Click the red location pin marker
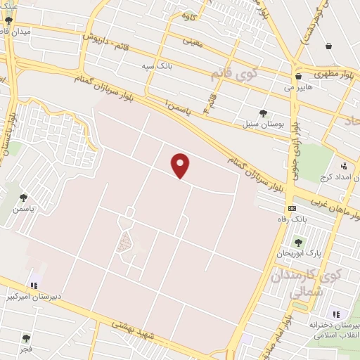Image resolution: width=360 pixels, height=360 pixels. [181, 165]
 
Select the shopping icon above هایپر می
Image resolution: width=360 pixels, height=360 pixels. [298, 76]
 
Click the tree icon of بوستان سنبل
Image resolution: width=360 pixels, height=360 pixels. [263, 112]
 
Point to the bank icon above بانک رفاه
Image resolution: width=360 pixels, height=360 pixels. [292, 208]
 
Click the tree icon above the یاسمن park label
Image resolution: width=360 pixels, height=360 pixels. [24, 198]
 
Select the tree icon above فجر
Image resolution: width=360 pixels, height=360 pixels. [26, 338]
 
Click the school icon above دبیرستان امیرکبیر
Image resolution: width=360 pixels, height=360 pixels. [33, 285]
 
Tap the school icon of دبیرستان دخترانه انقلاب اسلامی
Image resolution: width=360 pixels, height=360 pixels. [335, 314]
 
